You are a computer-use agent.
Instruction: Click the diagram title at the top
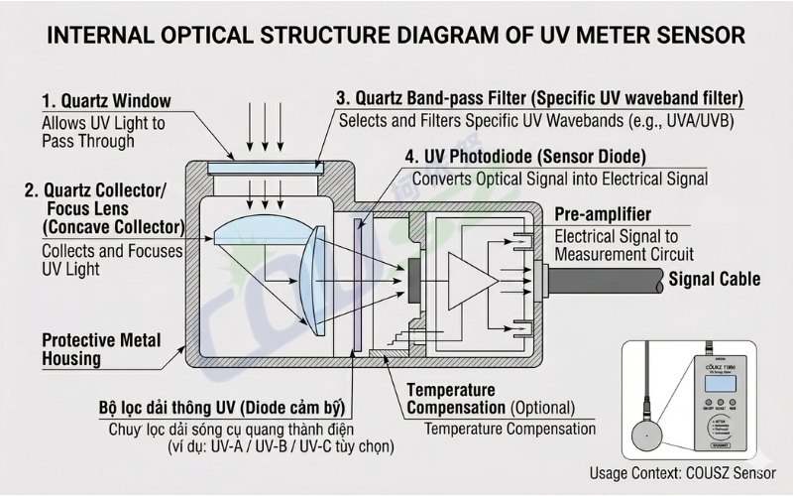click(x=396, y=36)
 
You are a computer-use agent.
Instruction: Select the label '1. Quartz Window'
click(x=106, y=101)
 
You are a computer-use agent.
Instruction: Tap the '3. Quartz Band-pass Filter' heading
click(x=539, y=98)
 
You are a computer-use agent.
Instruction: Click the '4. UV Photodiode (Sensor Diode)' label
click(x=525, y=157)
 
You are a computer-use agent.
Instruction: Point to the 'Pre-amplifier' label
click(x=603, y=214)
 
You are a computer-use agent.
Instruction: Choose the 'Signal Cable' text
click(x=715, y=279)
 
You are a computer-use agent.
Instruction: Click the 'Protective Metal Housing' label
click(x=101, y=348)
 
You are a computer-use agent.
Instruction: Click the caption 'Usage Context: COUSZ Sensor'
click(x=682, y=473)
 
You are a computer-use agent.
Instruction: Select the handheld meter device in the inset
click(x=728, y=398)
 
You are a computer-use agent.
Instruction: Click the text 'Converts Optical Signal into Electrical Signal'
click(x=560, y=179)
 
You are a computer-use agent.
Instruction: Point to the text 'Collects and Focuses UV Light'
click(x=112, y=260)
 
